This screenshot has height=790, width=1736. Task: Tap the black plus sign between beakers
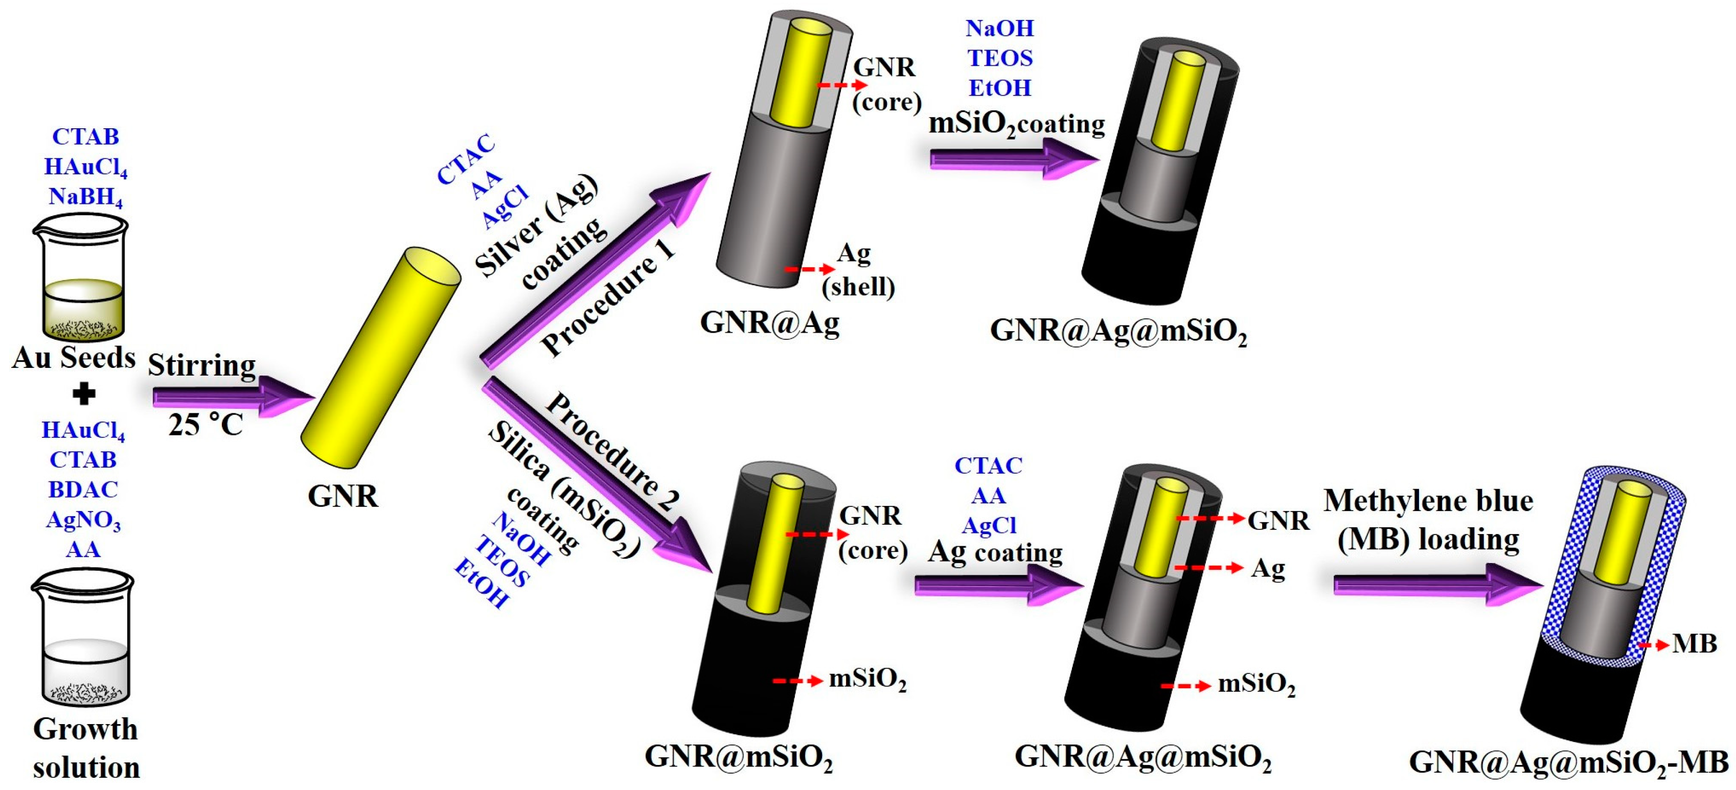point(83,394)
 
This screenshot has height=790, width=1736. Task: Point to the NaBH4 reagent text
point(85,197)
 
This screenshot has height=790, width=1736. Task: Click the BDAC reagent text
point(83,490)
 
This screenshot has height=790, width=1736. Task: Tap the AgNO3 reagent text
point(83,520)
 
